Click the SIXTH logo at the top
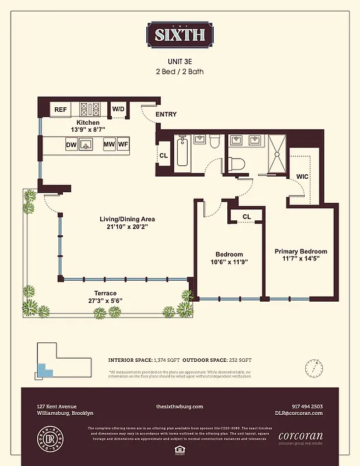click(179, 34)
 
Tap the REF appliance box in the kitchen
click(61, 110)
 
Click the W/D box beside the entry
click(118, 109)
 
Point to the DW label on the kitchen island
click(72, 144)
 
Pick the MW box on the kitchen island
click(109, 144)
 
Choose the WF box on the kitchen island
click(123, 144)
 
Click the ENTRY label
click(166, 115)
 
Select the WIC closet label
click(302, 175)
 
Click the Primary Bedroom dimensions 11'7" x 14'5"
click(301, 257)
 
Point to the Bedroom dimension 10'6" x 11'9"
click(229, 262)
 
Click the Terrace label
click(106, 294)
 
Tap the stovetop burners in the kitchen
click(90, 109)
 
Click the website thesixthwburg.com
click(179, 406)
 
